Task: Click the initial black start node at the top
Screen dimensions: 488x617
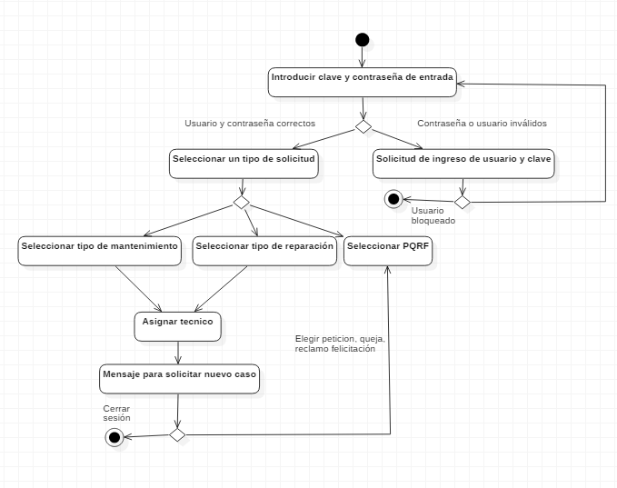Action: [363, 39]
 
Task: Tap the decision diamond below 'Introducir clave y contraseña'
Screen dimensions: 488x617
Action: [363, 127]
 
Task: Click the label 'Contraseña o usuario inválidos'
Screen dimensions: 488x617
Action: [482, 123]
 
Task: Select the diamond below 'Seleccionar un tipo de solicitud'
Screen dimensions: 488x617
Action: [243, 202]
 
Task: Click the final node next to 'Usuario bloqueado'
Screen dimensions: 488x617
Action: [393, 199]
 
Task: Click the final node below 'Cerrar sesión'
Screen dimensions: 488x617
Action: [114, 438]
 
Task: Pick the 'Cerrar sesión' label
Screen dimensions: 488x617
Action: [116, 413]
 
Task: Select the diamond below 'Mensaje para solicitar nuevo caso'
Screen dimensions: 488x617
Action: [177, 435]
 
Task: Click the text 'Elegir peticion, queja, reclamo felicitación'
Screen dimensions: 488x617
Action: [340, 344]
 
